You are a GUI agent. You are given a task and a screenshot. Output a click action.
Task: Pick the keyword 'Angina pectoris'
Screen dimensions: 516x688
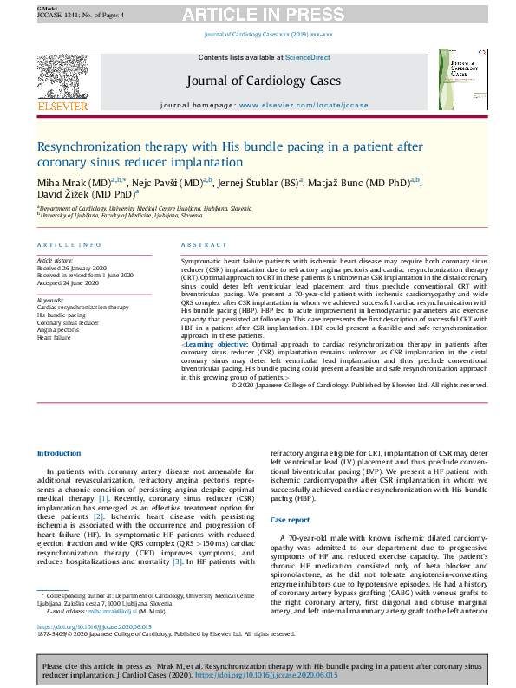(x=57, y=330)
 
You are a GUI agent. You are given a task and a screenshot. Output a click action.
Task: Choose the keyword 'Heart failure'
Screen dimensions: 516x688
(x=53, y=337)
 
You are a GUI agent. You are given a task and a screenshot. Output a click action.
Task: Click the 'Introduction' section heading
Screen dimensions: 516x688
(x=59, y=454)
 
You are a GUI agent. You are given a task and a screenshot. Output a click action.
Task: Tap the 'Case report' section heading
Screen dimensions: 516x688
(x=290, y=519)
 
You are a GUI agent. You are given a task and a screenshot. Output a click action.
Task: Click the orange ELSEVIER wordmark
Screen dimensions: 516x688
(x=62, y=107)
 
